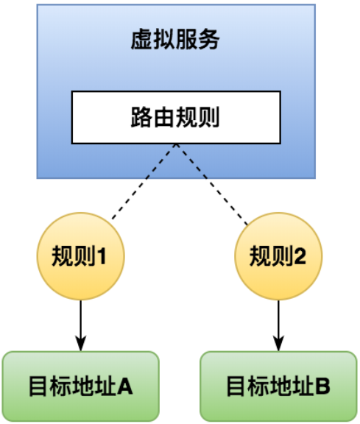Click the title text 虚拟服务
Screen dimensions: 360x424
point(175,40)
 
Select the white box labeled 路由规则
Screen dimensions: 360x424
point(176,117)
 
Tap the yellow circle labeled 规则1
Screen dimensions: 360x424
point(80,256)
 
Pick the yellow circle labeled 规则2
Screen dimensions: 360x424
point(278,256)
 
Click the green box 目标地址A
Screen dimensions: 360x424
point(81,386)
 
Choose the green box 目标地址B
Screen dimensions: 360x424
point(278,386)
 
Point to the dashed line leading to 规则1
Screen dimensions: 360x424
point(144,181)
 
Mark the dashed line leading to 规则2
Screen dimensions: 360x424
point(212,184)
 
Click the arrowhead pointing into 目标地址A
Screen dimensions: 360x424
point(80,344)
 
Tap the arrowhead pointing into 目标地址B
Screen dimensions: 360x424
point(278,344)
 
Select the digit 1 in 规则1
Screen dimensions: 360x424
point(102,256)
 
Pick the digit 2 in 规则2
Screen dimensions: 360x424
point(300,256)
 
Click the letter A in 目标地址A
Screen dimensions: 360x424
point(125,386)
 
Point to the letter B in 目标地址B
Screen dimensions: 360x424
point(323,386)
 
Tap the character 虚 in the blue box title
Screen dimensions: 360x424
point(142,40)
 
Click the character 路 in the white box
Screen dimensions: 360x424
point(142,117)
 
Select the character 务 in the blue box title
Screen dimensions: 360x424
point(208,40)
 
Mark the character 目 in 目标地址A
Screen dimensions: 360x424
point(38,386)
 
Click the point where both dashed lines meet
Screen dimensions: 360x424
point(177,144)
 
